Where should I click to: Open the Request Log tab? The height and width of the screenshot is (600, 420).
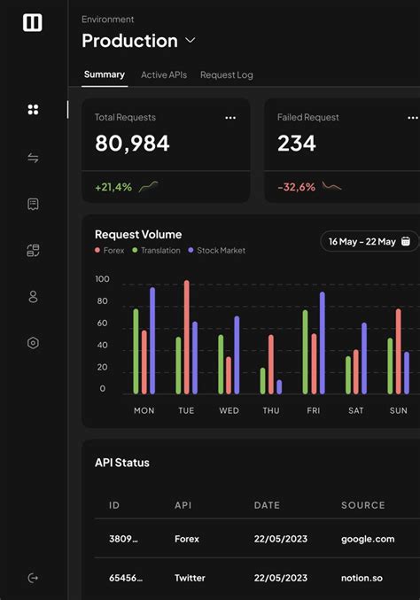click(x=227, y=75)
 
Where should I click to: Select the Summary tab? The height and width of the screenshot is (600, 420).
click(x=105, y=74)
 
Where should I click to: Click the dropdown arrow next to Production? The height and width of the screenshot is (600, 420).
click(x=191, y=41)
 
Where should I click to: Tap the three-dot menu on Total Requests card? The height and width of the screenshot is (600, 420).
click(x=230, y=118)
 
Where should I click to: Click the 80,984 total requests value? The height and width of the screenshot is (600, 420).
click(x=132, y=144)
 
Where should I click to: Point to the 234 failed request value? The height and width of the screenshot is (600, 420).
click(x=297, y=144)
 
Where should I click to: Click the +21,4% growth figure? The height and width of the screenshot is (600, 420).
click(x=113, y=187)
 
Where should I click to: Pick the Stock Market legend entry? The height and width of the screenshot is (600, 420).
click(x=220, y=251)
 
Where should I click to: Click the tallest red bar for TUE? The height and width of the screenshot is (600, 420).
click(x=186, y=337)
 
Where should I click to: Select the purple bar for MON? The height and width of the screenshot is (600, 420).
click(x=152, y=340)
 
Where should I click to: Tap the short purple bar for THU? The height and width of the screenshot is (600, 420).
click(x=279, y=386)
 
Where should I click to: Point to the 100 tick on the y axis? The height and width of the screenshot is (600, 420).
click(x=102, y=279)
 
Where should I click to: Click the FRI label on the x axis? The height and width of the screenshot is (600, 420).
click(x=314, y=410)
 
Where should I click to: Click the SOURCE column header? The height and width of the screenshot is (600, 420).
click(x=363, y=505)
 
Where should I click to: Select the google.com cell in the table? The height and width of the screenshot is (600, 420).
click(x=368, y=539)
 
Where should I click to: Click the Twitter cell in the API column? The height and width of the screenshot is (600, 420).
click(x=190, y=578)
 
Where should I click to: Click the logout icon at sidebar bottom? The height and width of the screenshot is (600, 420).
click(x=33, y=578)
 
